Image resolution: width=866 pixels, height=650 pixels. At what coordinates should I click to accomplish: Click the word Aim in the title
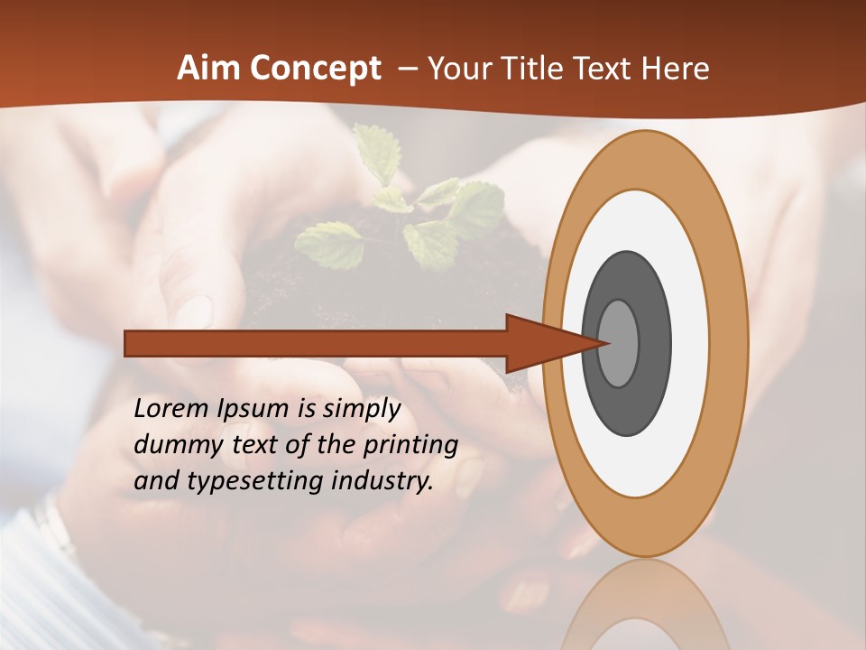[x=208, y=69]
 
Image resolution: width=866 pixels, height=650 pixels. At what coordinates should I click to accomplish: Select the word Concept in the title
[x=315, y=70]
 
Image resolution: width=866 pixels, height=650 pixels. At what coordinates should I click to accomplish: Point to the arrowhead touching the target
[x=550, y=343]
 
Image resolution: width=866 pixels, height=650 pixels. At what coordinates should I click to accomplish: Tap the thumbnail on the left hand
[x=195, y=308]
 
